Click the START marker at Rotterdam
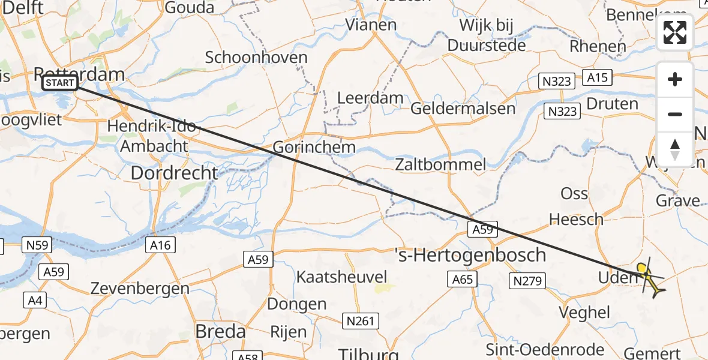pyautogui.click(x=60, y=83)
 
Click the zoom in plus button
pyautogui.click(x=675, y=79)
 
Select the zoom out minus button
pyautogui.click(x=675, y=114)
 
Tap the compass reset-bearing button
pyautogui.click(x=675, y=149)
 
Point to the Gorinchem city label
pyautogui.click(x=314, y=146)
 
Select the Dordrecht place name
pyautogui.click(x=174, y=172)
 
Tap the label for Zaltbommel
pyautogui.click(x=440, y=164)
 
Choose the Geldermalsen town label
pyautogui.click(x=463, y=109)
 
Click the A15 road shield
pyautogui.click(x=598, y=77)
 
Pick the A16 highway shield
pyautogui.click(x=160, y=245)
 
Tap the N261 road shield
pyautogui.click(x=361, y=321)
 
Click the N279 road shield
pyautogui.click(x=527, y=280)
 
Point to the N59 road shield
pyautogui.click(x=37, y=245)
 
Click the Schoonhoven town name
pyautogui.click(x=256, y=58)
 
